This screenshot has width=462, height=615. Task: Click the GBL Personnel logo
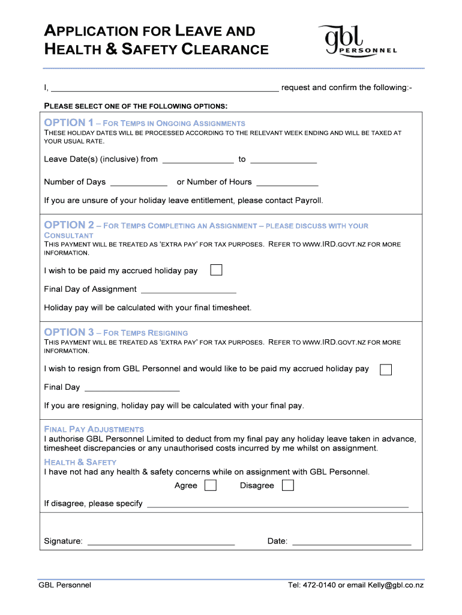point(358,40)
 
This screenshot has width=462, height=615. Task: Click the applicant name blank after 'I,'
point(164,88)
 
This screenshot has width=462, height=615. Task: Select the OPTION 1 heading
point(68,123)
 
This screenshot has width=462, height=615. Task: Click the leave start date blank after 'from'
point(198,159)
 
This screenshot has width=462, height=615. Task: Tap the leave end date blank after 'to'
point(283,159)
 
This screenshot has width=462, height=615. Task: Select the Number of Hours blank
point(287,182)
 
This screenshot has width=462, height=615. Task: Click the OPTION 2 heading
point(68,225)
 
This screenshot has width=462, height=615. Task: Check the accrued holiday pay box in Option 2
point(216,270)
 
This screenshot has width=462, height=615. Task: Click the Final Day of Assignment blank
point(188,289)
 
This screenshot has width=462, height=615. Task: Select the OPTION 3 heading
point(68,332)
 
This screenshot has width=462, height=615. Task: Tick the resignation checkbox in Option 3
point(386,369)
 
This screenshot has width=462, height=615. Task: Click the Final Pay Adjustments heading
point(94,429)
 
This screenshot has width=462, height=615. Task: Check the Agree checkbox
point(211,485)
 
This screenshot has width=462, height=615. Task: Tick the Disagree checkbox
point(288,485)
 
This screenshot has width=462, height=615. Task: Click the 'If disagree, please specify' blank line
point(277,504)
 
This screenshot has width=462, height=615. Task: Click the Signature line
point(161,542)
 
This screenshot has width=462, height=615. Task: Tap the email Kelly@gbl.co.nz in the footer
point(396,585)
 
